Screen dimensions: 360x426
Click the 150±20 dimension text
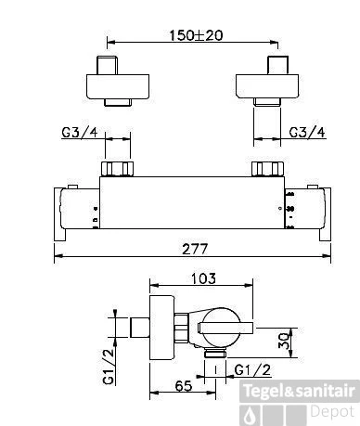click(x=196, y=35)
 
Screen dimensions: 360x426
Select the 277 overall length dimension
click(x=195, y=249)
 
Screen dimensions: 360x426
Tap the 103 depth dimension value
click(x=203, y=278)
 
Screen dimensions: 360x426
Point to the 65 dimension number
click(x=184, y=386)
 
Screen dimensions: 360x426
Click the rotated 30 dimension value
click(x=285, y=341)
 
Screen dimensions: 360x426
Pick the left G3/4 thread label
click(x=80, y=133)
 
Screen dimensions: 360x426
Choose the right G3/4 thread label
click(x=307, y=133)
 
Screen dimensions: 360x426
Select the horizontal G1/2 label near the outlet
click(x=252, y=370)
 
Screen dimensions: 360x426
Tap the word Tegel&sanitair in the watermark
click(x=299, y=391)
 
